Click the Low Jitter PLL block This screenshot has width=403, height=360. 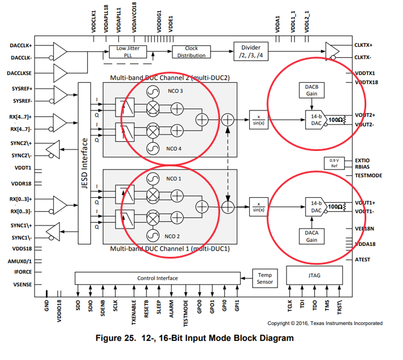tap(128, 52)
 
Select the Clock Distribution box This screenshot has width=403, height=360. tap(191, 52)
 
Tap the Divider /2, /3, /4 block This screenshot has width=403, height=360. tap(251, 52)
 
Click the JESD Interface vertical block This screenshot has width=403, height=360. tap(84, 163)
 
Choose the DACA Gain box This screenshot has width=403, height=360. tap(311, 236)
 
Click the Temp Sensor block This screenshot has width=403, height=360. tap(265, 278)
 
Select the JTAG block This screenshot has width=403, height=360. tap(315, 275)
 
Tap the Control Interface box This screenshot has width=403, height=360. tap(157, 278)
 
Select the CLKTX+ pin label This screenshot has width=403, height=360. tap(363, 45)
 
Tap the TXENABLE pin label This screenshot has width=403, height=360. tap(134, 309)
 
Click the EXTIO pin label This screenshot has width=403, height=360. tap(362, 160)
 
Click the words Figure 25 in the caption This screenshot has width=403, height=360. tap(115, 338)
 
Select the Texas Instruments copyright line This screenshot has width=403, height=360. tap(325, 323)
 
